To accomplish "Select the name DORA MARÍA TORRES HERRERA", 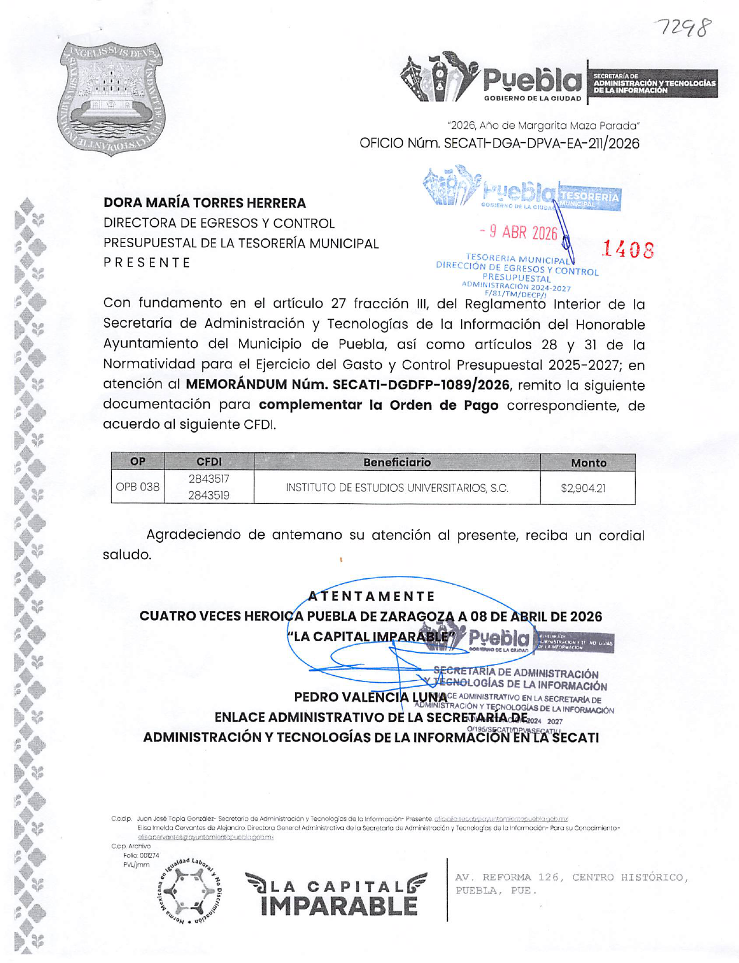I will click(205, 203).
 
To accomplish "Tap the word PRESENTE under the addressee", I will click(147, 262).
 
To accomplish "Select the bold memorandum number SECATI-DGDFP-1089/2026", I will click(347, 385).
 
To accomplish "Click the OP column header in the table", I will click(138, 462).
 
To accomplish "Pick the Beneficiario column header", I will click(397, 462).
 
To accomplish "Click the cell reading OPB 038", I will click(138, 487).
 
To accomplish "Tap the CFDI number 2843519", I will click(209, 495).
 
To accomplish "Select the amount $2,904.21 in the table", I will click(583, 488).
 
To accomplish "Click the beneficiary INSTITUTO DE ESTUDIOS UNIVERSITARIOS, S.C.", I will click(397, 487).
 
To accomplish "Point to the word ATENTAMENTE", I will click(371, 596).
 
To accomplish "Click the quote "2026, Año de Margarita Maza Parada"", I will click(543, 125).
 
